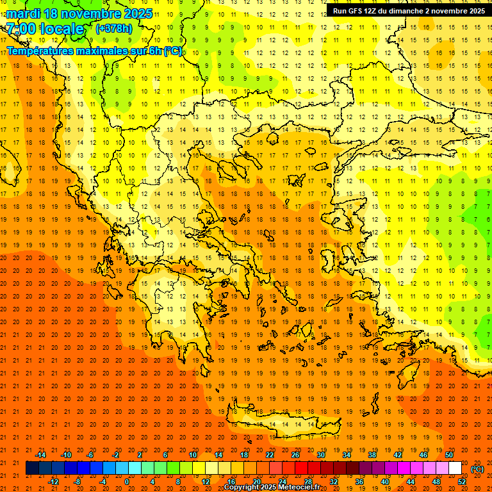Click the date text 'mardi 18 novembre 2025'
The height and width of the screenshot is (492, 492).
pyautogui.click(x=79, y=13)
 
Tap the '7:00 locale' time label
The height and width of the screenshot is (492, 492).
pyautogui.click(x=45, y=29)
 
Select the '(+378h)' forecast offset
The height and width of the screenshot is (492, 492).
pyautogui.click(x=115, y=29)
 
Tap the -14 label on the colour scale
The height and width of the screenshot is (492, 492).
pyautogui.click(x=40, y=455)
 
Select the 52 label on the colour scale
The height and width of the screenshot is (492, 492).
pyautogui.click(x=462, y=482)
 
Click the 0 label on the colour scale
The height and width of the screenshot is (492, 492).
pyautogui.click(x=127, y=482)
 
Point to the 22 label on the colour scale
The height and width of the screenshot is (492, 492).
pyautogui.click(x=269, y=455)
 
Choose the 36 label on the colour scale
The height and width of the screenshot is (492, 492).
pyautogui.click(x=359, y=482)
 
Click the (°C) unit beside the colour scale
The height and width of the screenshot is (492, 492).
pyautogui.click(x=477, y=469)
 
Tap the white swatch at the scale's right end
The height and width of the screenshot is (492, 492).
pyautogui.click(x=455, y=468)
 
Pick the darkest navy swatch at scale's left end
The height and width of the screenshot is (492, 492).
pyautogui.click(x=32, y=468)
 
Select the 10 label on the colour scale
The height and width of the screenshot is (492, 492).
pyautogui.click(x=192, y=455)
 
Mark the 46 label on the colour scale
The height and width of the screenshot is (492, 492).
pyautogui.click(x=423, y=455)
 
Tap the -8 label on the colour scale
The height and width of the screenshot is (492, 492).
pyautogui.click(x=78, y=482)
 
